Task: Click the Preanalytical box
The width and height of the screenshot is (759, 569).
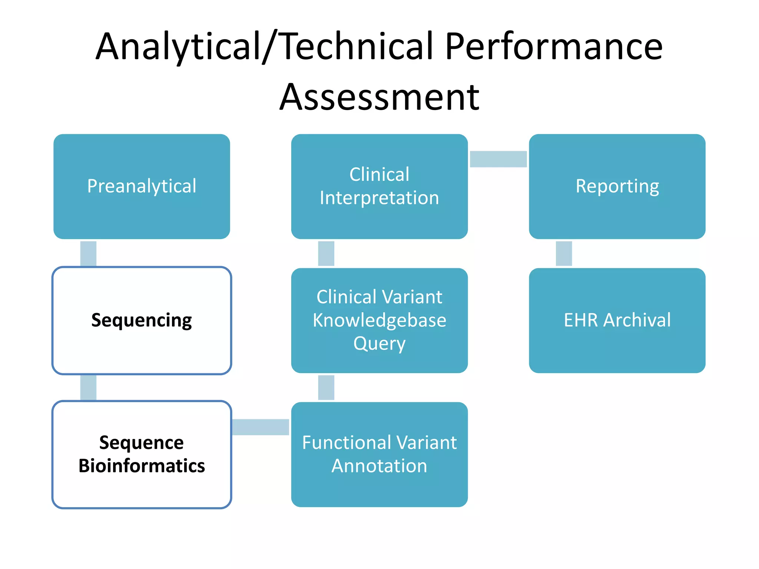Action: coord(142,186)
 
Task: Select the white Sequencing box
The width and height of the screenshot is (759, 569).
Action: coord(142,320)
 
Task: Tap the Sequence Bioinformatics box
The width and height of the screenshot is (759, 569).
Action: coord(142,455)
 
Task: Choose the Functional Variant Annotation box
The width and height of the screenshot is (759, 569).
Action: coord(379,455)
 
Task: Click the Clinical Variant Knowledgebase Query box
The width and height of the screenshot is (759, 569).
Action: coord(379,320)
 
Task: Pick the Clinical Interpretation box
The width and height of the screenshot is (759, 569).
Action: coord(379,186)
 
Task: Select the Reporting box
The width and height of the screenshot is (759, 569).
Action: coord(617,186)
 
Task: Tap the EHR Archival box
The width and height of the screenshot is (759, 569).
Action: coord(617,320)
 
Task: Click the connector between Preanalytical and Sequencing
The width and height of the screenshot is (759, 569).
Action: coord(88,253)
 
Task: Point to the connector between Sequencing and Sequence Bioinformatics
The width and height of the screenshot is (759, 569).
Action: coord(88,387)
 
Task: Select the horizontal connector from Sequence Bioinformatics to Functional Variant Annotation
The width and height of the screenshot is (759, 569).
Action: coord(261,427)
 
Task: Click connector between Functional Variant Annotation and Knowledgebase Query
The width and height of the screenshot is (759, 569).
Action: coord(326,387)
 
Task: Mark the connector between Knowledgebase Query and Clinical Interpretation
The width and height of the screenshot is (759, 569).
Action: coord(326,253)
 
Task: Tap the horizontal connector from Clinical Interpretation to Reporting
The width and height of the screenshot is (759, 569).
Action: coord(498,159)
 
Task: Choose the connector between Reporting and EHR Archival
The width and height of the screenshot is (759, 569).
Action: coord(564,253)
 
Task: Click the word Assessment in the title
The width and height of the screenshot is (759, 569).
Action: coord(379,97)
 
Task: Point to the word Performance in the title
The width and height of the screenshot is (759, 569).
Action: coord(554,46)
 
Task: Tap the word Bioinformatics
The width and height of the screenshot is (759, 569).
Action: coord(142,466)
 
